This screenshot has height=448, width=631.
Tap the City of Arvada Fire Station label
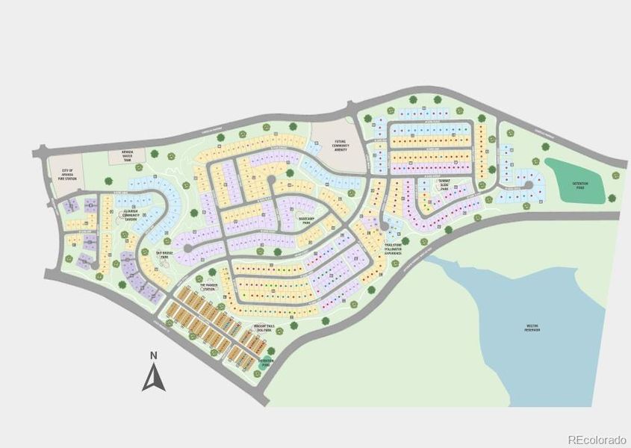click(x=68, y=174)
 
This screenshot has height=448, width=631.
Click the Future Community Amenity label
click(x=340, y=144)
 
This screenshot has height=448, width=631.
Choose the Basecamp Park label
click(x=308, y=221)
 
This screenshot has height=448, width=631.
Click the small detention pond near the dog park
click(x=267, y=361)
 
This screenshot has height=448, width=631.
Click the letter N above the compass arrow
click(x=152, y=355)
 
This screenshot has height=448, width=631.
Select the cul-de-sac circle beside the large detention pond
click(x=527, y=185)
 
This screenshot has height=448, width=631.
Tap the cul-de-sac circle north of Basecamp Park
click(x=270, y=180)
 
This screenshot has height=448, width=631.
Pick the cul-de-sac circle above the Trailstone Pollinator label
click(x=385, y=226)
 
